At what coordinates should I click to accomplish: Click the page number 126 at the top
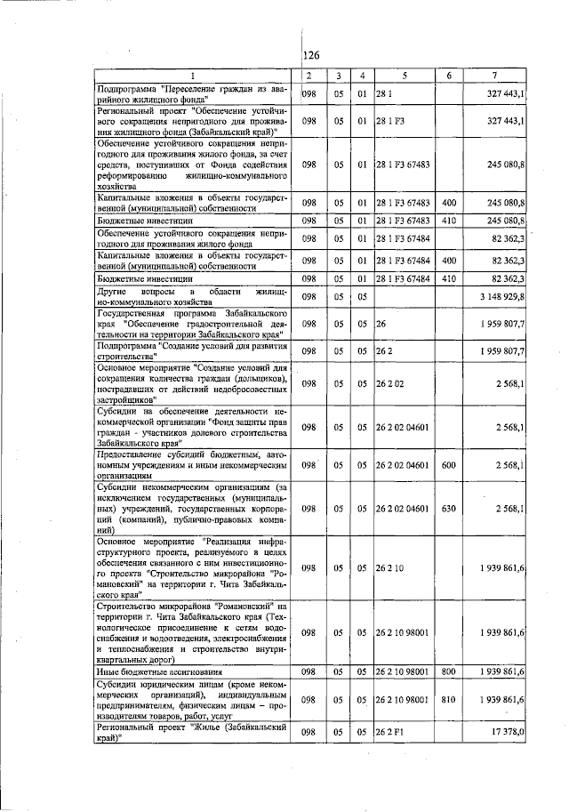point(311,55)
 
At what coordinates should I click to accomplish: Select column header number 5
point(404,76)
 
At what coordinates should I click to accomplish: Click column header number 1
point(195,76)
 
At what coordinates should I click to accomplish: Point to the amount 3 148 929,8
point(505,296)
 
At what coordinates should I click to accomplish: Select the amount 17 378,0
point(510,731)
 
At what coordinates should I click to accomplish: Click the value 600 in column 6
point(448,465)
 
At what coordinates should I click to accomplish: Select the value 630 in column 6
point(448,508)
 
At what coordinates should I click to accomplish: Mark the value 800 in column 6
point(448,672)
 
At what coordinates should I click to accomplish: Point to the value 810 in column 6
point(448,700)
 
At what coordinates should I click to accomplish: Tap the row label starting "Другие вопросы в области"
point(195,296)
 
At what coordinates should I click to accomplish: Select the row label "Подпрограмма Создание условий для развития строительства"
point(195,350)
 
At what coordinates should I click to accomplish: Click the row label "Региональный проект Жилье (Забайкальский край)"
point(195,731)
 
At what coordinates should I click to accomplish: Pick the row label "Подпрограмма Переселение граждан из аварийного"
point(195,92)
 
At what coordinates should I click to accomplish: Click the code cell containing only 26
point(381,324)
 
